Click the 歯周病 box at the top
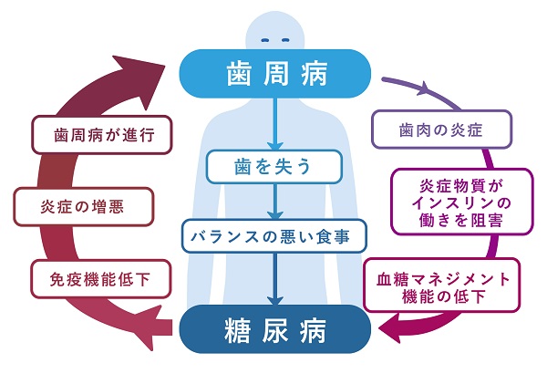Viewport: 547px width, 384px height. [273, 72]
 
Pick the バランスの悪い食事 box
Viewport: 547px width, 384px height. [273, 235]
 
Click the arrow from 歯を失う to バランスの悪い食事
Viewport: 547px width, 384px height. [273, 202]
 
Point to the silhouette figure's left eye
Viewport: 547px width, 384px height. [264, 41]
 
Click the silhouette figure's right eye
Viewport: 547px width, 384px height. [283, 41]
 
